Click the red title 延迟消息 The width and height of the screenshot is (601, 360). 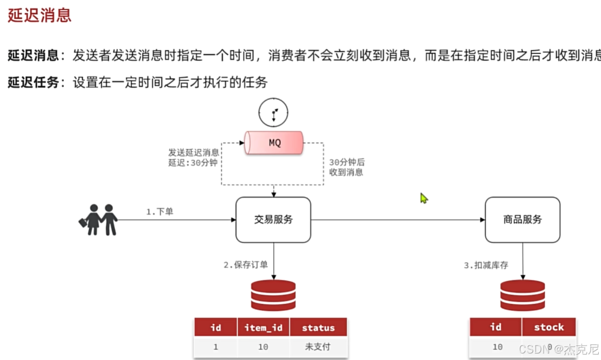(x=39, y=15)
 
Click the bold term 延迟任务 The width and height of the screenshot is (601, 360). (x=33, y=83)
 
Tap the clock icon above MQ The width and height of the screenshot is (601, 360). (x=273, y=114)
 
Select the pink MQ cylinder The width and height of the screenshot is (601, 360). (x=274, y=143)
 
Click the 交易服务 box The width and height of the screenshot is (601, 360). (x=273, y=219)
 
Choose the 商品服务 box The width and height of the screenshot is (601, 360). (x=522, y=219)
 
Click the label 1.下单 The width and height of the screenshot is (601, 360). (x=160, y=212)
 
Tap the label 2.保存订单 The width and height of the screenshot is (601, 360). (x=246, y=265)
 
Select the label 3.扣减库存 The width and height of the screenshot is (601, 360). (x=486, y=265)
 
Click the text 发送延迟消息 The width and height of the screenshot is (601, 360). (x=194, y=152)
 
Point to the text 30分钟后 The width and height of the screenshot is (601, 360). (x=347, y=162)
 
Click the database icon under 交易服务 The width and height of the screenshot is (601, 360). (x=273, y=295)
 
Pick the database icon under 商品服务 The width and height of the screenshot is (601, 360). (x=522, y=295)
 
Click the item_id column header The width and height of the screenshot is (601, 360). (x=263, y=328)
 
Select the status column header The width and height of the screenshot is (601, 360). (x=318, y=328)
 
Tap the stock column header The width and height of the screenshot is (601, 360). (x=549, y=327)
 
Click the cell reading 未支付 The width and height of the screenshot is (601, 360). (x=318, y=346)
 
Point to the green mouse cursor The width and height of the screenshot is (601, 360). (x=424, y=198)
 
